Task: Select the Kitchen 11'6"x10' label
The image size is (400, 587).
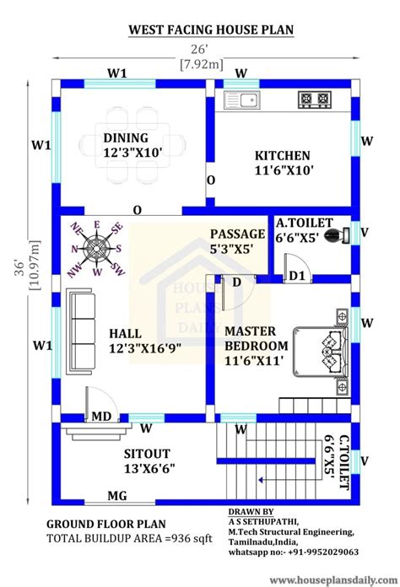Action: [x=283, y=163]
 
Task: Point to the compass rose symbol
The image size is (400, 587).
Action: [x=96, y=248]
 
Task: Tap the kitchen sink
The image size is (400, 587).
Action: [x=241, y=101]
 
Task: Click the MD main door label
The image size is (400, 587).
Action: [x=101, y=416]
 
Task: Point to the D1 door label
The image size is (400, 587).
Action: [x=296, y=276]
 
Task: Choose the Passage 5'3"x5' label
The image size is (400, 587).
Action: [x=239, y=240]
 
